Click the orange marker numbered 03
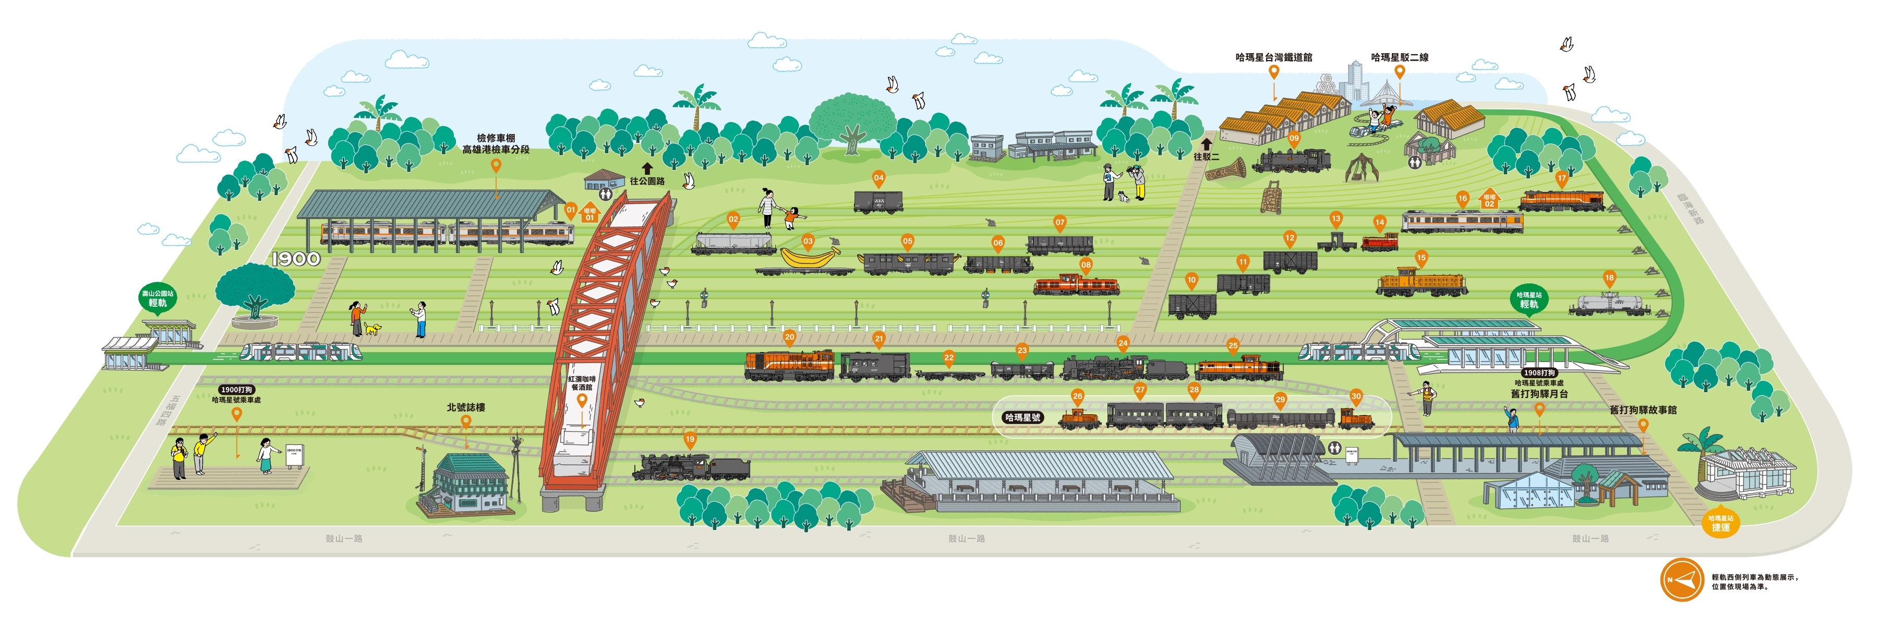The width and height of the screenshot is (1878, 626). coord(808,241)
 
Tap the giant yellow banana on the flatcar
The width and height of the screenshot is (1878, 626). coord(809,257)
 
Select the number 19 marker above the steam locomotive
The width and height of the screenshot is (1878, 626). coord(690,439)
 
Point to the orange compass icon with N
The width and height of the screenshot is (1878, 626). coord(1681,580)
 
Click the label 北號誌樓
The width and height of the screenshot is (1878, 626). coord(466,407)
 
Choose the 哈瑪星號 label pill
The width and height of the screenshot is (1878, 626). coord(1022,417)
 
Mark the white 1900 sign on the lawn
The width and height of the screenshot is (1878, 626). coord(296,259)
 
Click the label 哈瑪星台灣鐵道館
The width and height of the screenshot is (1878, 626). coord(1273,57)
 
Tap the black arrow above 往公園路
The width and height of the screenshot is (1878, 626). coord(647,168)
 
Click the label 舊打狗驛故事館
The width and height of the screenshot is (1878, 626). coord(1643,410)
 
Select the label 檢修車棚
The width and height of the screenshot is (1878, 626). coord(496,138)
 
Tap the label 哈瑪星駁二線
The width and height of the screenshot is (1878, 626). coord(1399,57)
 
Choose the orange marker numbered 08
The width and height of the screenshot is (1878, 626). coord(1086,265)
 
